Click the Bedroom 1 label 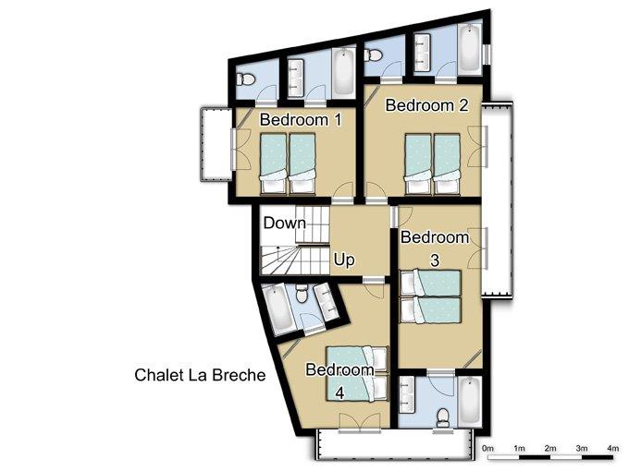(x=301, y=120)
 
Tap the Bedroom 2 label (x=426, y=105)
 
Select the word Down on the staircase (x=284, y=223)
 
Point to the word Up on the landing (x=344, y=260)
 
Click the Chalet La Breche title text (x=200, y=375)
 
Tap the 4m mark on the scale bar (x=612, y=448)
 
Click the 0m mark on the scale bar (x=487, y=448)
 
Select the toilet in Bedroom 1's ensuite (x=245, y=79)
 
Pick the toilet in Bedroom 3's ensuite (x=443, y=417)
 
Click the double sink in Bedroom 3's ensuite (x=407, y=395)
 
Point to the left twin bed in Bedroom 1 (x=274, y=163)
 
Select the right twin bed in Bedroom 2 (x=447, y=163)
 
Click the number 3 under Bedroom (x=435, y=260)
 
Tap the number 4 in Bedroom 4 (x=339, y=392)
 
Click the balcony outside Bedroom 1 (x=216, y=144)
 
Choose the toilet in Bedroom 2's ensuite (x=374, y=55)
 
